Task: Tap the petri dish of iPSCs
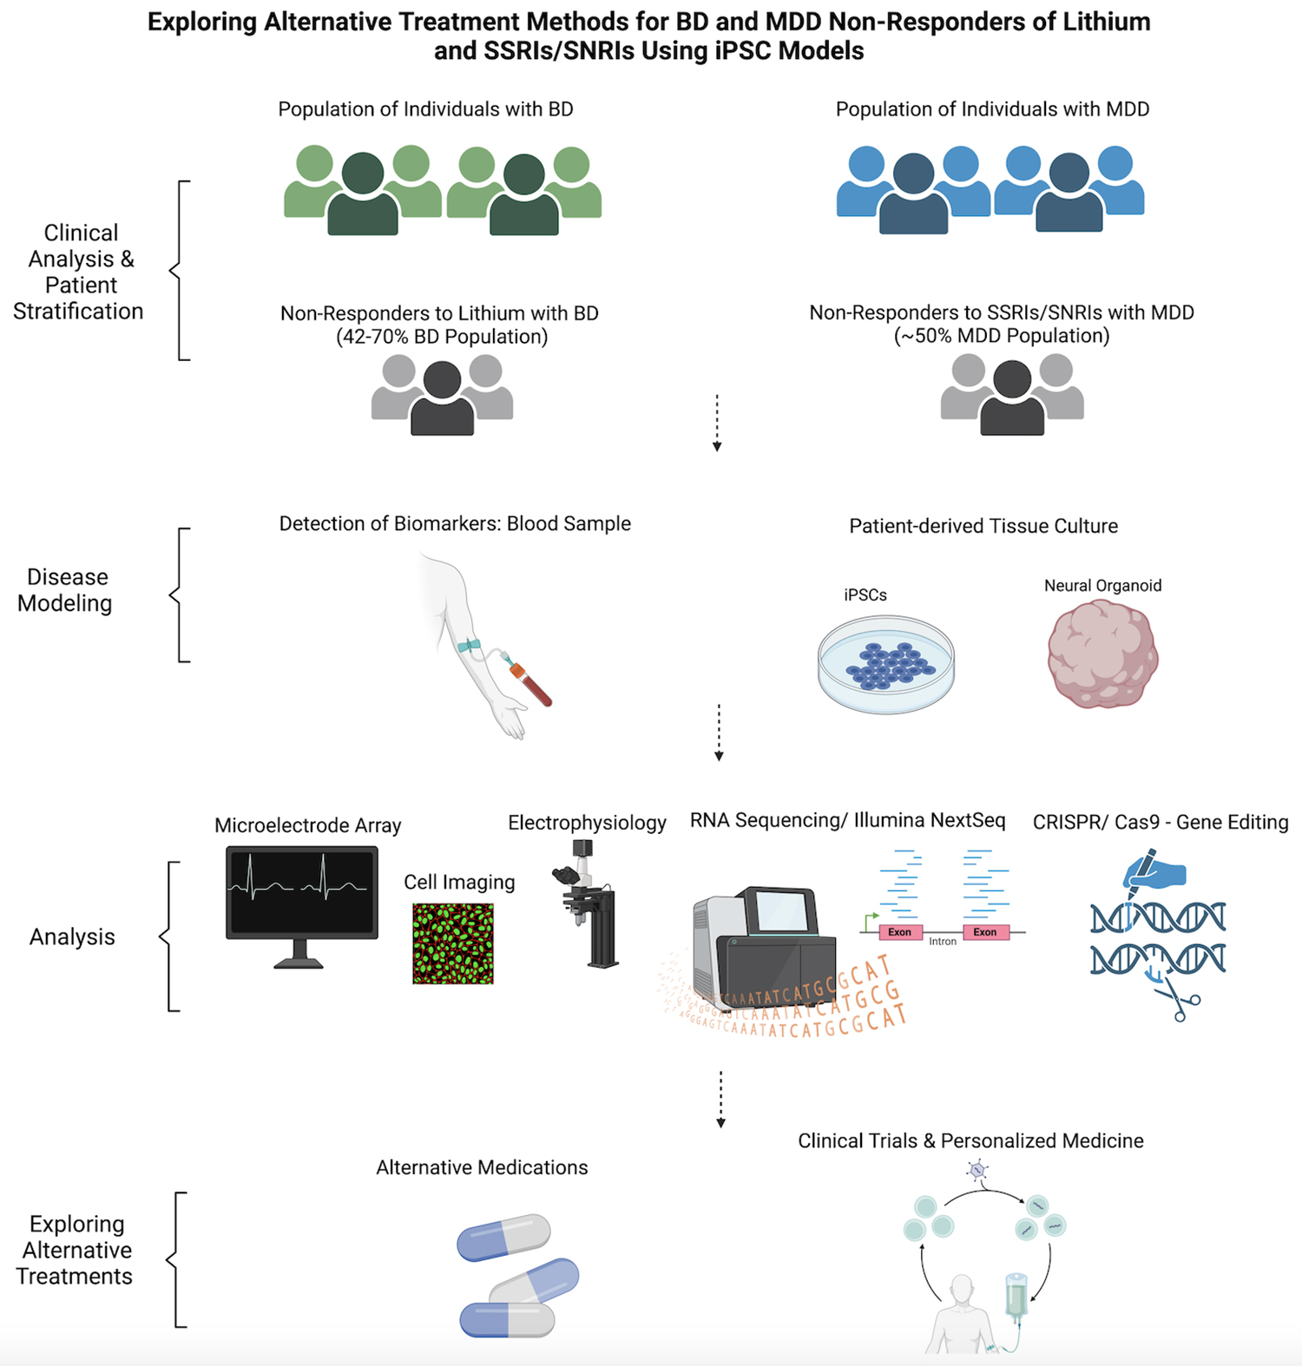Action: pyautogui.click(x=885, y=664)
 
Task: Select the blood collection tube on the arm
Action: pyautogui.click(x=532, y=683)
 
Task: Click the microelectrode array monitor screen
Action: pyautogui.click(x=302, y=891)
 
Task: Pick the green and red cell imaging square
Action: pyautogui.click(x=453, y=943)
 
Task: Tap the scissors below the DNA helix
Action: pyautogui.click(x=1178, y=998)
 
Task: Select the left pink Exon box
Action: pyautogui.click(x=899, y=932)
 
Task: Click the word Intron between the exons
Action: pyautogui.click(x=943, y=942)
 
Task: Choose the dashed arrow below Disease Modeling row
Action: pyautogui.click(x=719, y=732)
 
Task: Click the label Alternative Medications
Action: pyautogui.click(x=482, y=1167)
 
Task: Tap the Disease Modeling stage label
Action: pyautogui.click(x=65, y=590)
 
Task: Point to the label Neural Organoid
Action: pyautogui.click(x=1102, y=586)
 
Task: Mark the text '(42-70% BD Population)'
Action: pyautogui.click(x=442, y=337)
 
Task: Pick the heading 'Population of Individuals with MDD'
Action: pyautogui.click(x=992, y=109)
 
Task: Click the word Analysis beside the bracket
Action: pyautogui.click(x=72, y=937)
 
